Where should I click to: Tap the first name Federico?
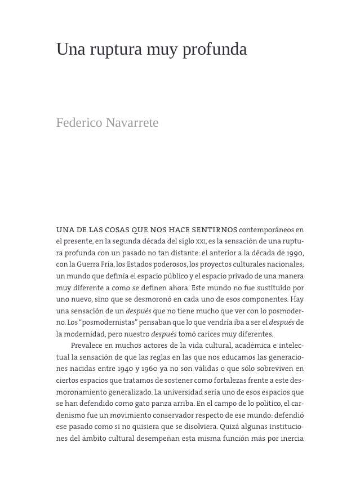[79, 122]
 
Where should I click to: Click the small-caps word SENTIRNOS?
[214, 230]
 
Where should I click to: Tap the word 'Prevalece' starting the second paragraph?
[87, 346]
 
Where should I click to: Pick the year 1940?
[126, 369]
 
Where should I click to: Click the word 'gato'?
[143, 404]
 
